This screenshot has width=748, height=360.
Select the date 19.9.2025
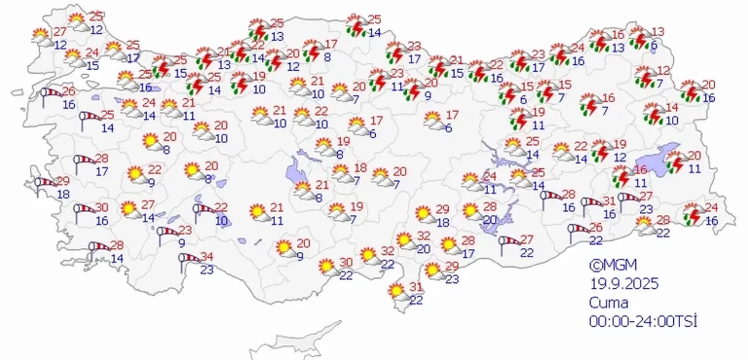tap(624, 284)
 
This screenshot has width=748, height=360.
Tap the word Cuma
tap(609, 303)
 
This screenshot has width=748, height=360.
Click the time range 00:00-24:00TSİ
tap(643, 321)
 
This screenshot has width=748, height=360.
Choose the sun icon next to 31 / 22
tap(397, 290)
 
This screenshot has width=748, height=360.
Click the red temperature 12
tap(664, 71)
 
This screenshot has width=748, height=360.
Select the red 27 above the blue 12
tap(60, 32)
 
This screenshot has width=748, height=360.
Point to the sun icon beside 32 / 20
tap(403, 240)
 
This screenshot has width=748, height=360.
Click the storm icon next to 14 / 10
tap(652, 113)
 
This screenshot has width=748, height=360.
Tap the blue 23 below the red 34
tap(207, 269)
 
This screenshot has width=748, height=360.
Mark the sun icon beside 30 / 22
tap(328, 267)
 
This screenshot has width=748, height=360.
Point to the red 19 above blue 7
tap(356, 206)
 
